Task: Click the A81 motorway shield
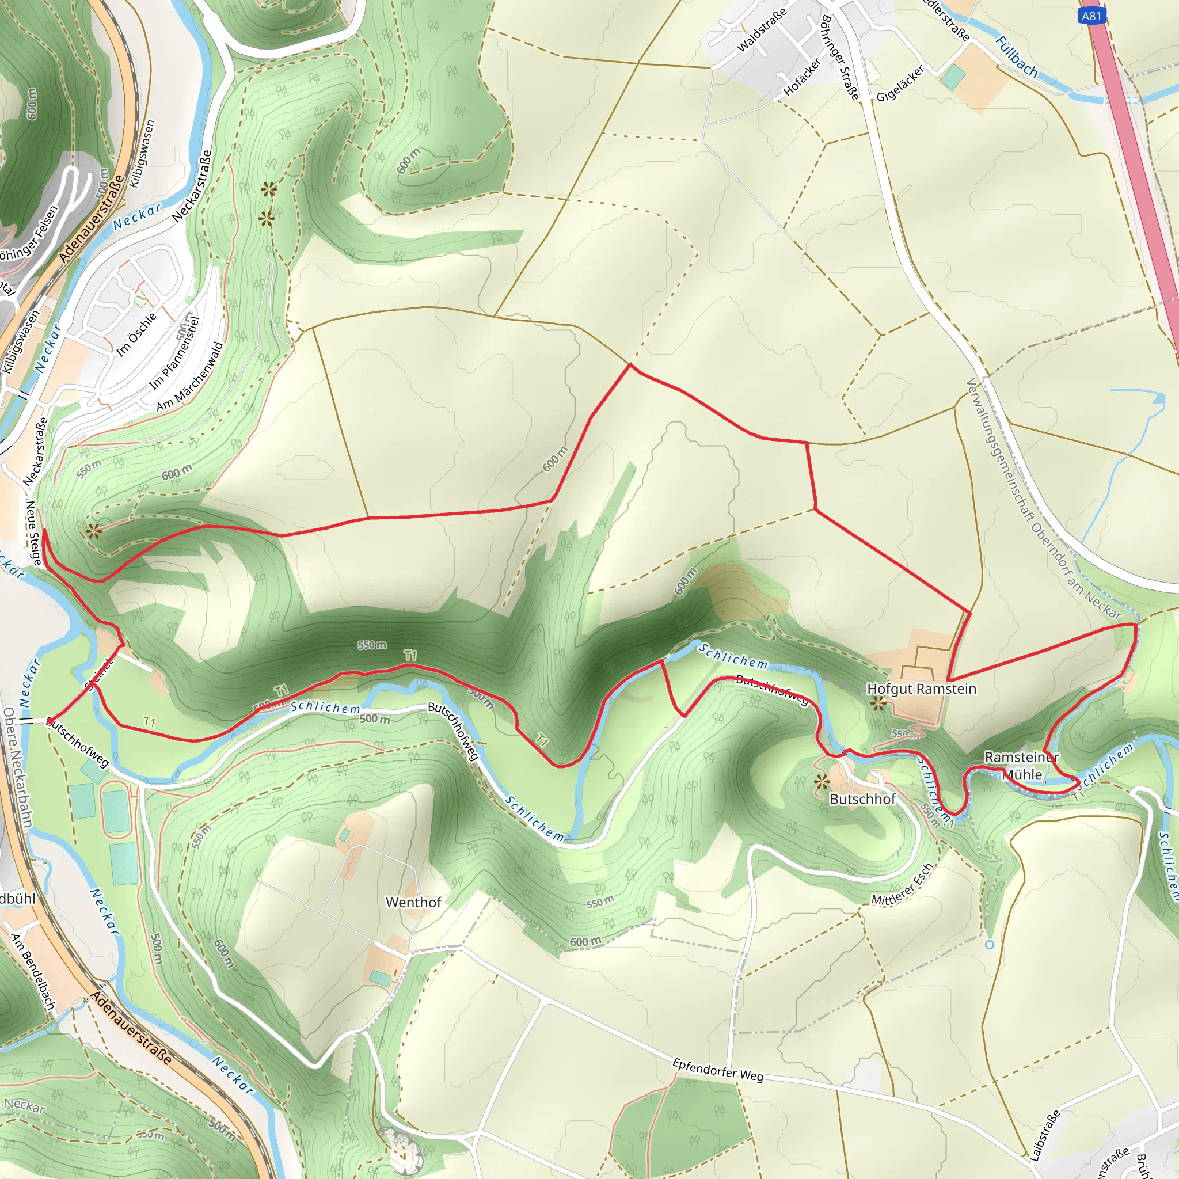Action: pos(1091,16)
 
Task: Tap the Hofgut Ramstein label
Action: pos(922,689)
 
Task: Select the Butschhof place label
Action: pos(863,800)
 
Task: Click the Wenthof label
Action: pos(413,902)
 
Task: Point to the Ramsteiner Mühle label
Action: pos(1022,766)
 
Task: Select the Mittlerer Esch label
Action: pos(902,884)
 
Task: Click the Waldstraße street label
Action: pos(762,30)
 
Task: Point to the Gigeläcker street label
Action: pos(901,83)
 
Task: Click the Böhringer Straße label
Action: pos(840,58)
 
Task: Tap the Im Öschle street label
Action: pos(136,334)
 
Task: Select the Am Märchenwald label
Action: pos(190,377)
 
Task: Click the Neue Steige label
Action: pos(33,533)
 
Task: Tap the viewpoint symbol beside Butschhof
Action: pos(822,781)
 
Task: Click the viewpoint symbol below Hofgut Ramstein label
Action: pos(878,705)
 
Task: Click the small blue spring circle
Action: pos(990,945)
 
